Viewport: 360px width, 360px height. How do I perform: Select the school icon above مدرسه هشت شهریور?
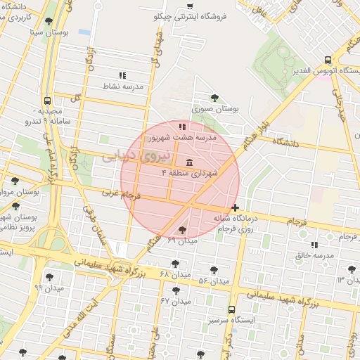tap(182, 127)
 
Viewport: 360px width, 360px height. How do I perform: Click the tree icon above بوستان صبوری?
tap(214, 98)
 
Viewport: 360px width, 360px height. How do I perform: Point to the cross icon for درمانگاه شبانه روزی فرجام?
tap(235, 207)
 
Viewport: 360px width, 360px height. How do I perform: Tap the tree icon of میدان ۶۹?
tap(183, 229)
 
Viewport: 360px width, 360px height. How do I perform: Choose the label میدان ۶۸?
tap(176, 274)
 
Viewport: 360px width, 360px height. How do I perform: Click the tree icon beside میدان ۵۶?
tap(214, 269)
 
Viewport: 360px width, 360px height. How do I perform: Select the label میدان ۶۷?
tap(176, 300)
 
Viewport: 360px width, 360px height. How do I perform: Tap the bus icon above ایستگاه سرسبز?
tap(231, 309)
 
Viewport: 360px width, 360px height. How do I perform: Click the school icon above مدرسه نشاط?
tap(122, 75)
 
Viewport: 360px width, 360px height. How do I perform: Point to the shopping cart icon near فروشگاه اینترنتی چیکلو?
tap(190, 6)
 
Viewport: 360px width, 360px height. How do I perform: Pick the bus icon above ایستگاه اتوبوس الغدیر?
tap(328, 60)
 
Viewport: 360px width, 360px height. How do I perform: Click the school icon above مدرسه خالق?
tap(314, 245)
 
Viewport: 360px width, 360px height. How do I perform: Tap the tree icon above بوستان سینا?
tap(49, 22)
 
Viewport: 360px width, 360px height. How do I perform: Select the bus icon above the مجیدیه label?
tap(46, 101)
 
